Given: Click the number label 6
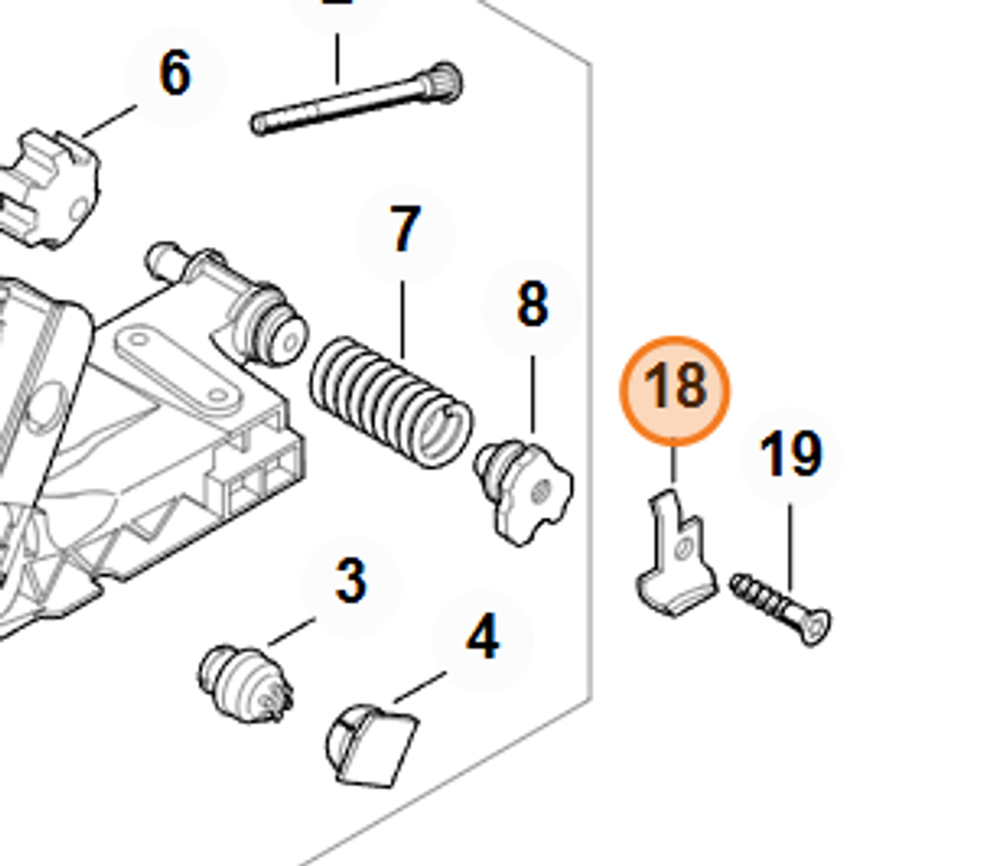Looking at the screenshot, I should (x=174, y=75).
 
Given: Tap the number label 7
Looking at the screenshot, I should (x=404, y=231).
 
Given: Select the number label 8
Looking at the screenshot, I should (x=532, y=305).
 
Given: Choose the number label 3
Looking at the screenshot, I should (x=350, y=582).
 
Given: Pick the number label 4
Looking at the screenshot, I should (x=482, y=639).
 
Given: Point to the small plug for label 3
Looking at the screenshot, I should (x=244, y=680).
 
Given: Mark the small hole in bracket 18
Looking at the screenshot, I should (x=682, y=549).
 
